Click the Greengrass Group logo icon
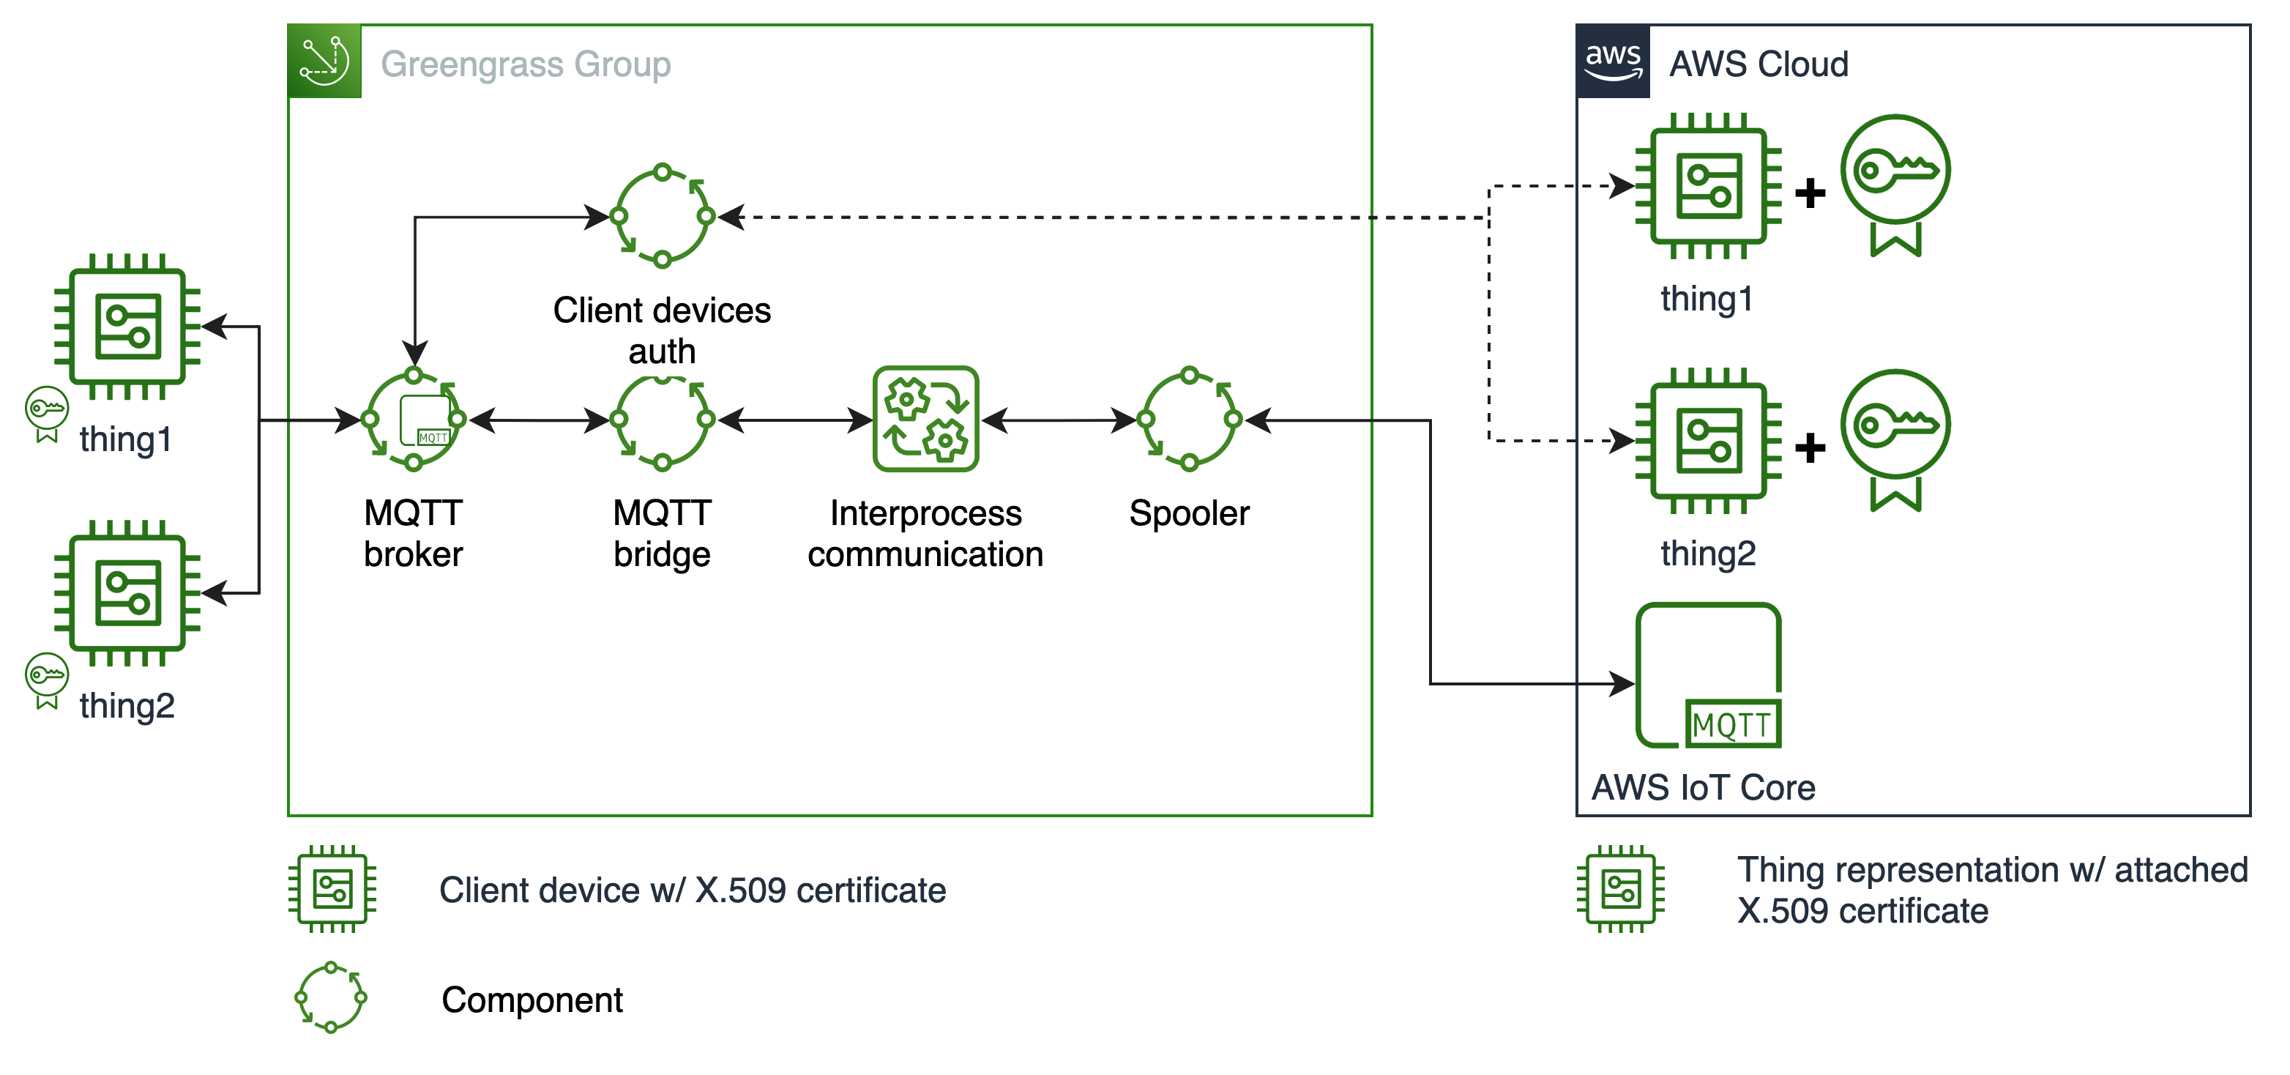pos(324,61)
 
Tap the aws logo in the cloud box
pos(1613,61)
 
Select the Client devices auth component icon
pos(663,216)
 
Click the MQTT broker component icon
pos(414,419)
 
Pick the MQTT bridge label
pos(665,535)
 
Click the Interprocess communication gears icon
pos(925,419)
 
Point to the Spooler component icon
pos(1190,419)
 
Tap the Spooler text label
pos(1190,515)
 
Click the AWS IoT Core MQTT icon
pos(1708,677)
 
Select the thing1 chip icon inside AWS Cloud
pos(1708,186)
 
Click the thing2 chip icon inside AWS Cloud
pos(1708,440)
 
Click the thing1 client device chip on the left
pos(127,327)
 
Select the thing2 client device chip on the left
pos(127,593)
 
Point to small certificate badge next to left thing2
pos(46,680)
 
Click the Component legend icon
pos(331,997)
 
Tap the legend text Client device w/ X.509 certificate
pos(692,890)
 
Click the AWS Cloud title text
pos(1758,64)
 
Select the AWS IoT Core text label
pos(1702,788)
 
